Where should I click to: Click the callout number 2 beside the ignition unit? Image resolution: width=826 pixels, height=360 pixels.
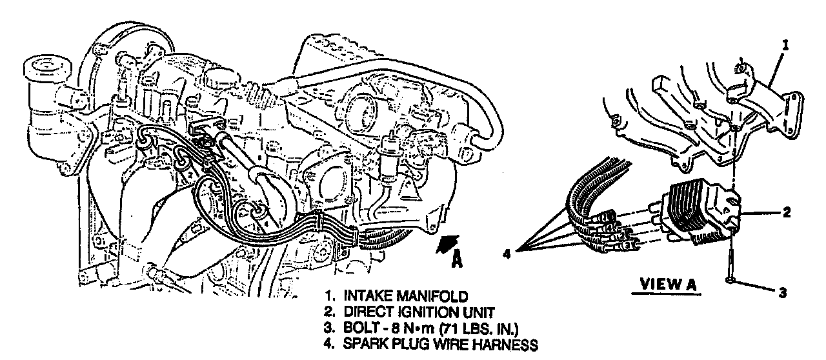[787, 212]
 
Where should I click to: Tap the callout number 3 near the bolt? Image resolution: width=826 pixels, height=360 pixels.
[783, 293]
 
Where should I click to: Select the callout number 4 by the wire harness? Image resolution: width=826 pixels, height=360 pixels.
[507, 254]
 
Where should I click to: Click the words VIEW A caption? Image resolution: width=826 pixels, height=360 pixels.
[667, 285]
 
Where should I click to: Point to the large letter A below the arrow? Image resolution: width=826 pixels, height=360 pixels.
[457, 261]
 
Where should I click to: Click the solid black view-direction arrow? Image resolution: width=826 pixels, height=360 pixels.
[448, 244]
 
